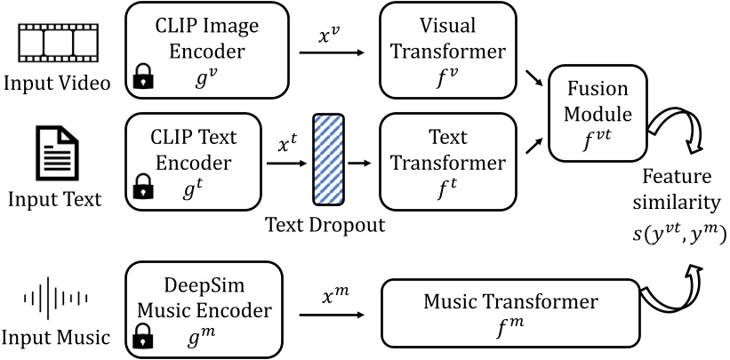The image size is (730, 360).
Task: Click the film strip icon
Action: pos(56,39)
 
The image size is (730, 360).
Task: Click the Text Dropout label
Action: pos(324,224)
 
